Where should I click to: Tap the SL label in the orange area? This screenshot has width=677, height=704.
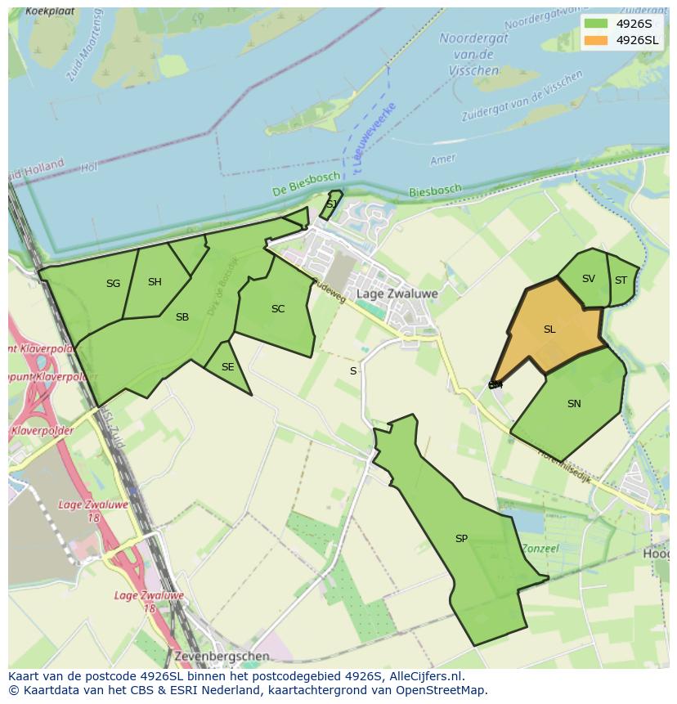pyautogui.click(x=549, y=330)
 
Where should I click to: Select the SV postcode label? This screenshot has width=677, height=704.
pyautogui.click(x=589, y=279)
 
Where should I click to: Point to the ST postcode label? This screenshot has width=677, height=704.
pyautogui.click(x=621, y=280)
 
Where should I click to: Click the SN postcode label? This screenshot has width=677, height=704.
pyautogui.click(x=574, y=404)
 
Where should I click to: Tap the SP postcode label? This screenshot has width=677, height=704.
pyautogui.click(x=461, y=539)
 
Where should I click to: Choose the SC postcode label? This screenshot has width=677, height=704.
pyautogui.click(x=278, y=309)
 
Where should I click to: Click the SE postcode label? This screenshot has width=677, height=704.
pyautogui.click(x=227, y=367)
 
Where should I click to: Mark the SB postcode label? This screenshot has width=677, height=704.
pyautogui.click(x=182, y=317)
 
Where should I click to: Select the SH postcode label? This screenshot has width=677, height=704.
pyautogui.click(x=155, y=282)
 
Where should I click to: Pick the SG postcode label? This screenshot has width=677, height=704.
pyautogui.click(x=113, y=284)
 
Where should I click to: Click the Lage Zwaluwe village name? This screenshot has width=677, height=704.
pyautogui.click(x=397, y=294)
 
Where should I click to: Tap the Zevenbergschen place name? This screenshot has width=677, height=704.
pyautogui.click(x=221, y=656)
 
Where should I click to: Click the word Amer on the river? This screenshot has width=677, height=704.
pyautogui.click(x=442, y=159)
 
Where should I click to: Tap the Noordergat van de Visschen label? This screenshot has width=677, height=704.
pyautogui.click(x=473, y=54)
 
